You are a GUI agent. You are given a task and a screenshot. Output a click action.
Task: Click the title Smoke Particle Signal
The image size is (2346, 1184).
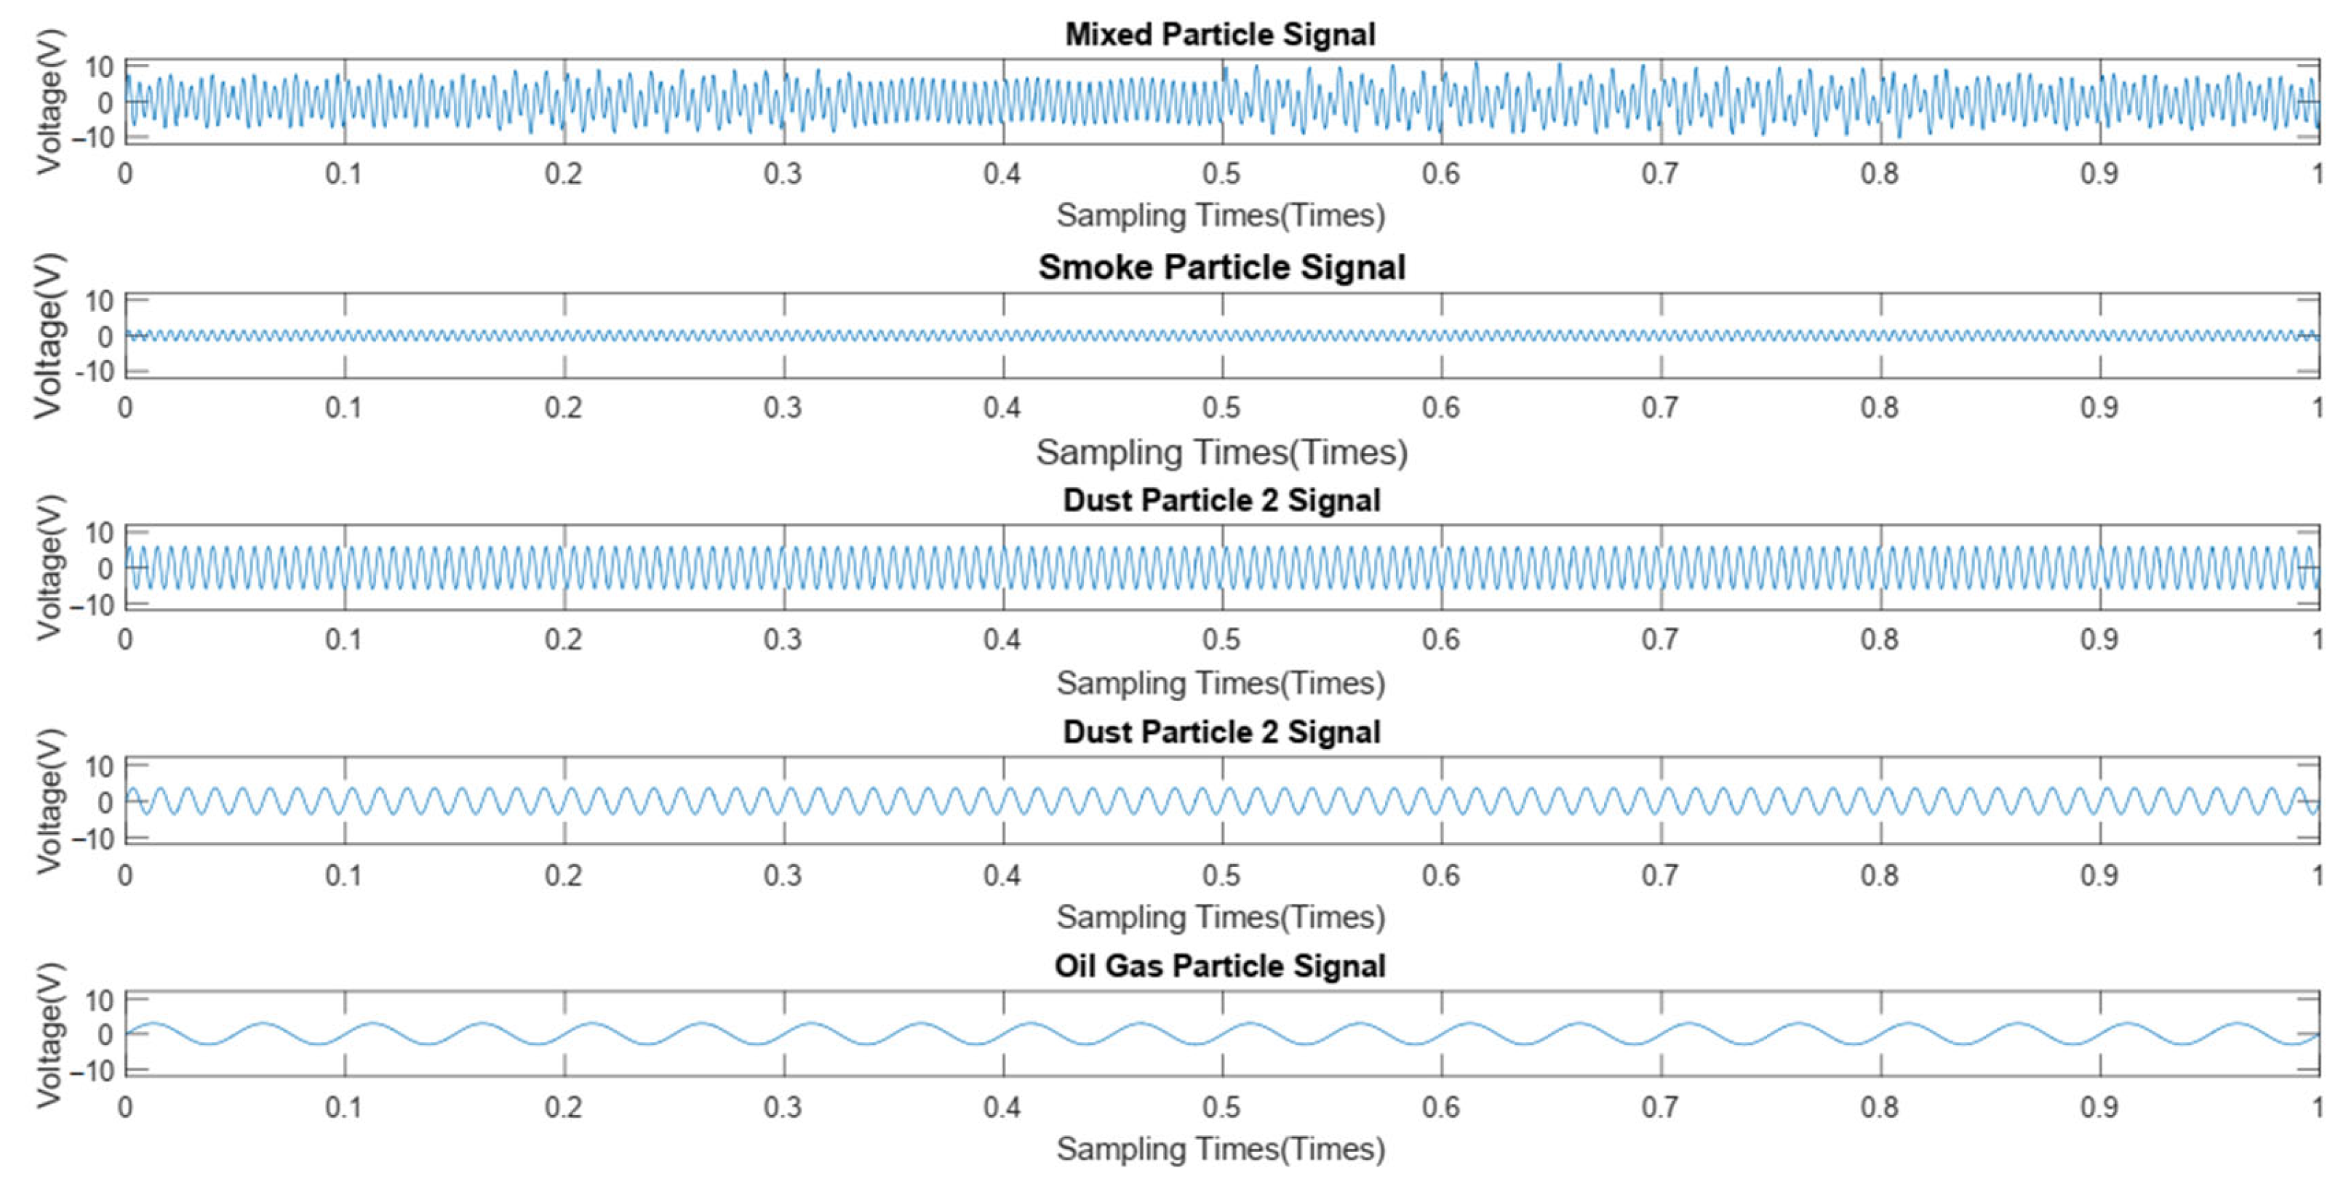1221,267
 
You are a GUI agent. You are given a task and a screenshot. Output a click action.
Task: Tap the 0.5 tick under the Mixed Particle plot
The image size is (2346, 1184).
1221,173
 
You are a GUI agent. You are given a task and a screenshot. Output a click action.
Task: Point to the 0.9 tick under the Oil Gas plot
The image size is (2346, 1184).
2099,1108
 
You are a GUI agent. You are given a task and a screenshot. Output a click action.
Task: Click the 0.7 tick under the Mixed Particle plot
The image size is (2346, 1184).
1660,173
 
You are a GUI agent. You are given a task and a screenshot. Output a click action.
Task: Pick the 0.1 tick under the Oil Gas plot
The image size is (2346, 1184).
343,1108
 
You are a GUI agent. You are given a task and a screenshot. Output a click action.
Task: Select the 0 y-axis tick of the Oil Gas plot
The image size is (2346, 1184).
105,1035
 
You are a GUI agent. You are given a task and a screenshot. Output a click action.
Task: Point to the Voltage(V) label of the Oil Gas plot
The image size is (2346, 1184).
49,1035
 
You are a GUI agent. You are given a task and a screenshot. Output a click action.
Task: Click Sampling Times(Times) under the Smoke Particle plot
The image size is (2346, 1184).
1221,452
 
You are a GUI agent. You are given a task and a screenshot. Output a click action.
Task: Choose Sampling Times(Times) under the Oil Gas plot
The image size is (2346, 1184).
1221,1149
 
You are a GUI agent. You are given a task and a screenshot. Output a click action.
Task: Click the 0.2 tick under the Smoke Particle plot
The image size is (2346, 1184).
563,407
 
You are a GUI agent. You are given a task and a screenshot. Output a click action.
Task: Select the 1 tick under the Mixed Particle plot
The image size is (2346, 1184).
2317,173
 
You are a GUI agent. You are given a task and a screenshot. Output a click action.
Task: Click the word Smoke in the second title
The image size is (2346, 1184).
1096,267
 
